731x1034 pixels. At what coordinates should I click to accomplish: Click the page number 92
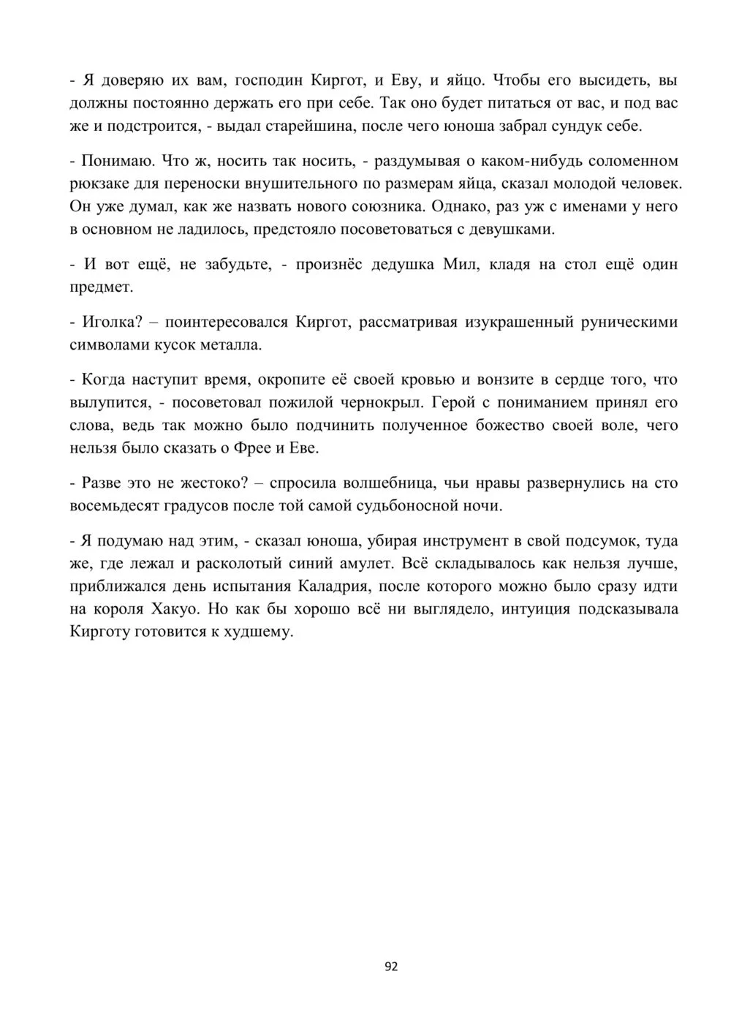coord(391,967)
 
